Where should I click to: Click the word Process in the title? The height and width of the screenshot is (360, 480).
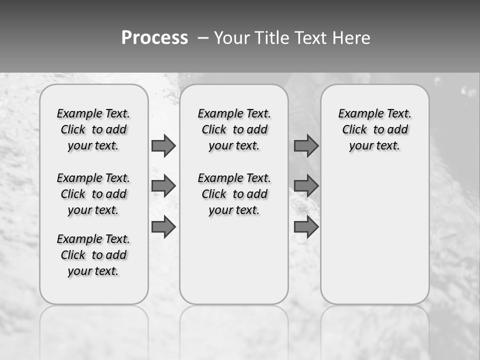click(154, 37)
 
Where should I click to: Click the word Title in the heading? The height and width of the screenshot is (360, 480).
click(270, 37)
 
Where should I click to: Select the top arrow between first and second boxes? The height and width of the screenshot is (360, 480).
click(163, 145)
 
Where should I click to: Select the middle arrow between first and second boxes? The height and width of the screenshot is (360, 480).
click(163, 186)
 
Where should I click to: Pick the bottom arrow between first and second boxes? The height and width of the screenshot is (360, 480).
click(163, 227)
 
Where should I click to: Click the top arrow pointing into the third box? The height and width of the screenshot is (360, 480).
click(306, 145)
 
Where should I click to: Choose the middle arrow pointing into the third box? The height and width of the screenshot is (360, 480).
click(306, 186)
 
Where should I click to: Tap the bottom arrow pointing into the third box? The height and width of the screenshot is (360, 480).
click(306, 227)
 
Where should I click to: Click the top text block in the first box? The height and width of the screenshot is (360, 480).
click(93, 129)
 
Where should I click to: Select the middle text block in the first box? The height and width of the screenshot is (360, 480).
click(93, 194)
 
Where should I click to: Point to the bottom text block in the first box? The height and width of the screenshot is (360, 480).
click(93, 255)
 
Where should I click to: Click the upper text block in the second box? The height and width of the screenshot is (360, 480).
click(234, 129)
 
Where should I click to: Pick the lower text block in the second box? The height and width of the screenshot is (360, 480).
click(234, 194)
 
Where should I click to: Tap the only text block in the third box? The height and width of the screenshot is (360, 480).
click(375, 129)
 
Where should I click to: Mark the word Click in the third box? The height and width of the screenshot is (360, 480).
click(354, 130)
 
